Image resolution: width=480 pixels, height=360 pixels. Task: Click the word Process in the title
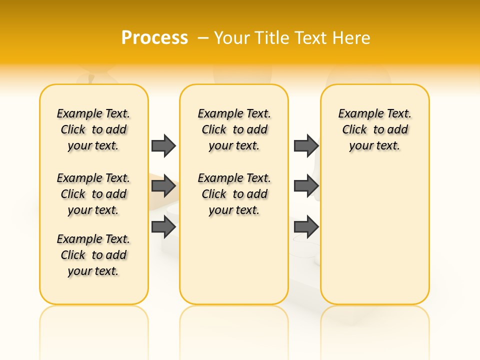pos(154,37)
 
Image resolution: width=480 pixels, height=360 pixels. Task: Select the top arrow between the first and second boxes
pos(163,145)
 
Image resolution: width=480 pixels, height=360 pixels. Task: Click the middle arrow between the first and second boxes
pos(163,186)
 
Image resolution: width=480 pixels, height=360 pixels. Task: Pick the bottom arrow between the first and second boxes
pos(163,227)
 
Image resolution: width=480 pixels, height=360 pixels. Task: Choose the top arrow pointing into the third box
pos(306,145)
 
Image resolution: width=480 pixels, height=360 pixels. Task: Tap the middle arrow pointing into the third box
pos(306,186)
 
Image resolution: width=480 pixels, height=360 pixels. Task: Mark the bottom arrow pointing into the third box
pos(306,227)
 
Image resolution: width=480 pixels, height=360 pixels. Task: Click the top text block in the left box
pos(93,129)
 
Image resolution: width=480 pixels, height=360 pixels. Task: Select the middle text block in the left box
pos(93,194)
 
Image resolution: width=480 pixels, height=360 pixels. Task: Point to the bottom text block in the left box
pos(93,255)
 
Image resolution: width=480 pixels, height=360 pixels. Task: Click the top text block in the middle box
pos(234,129)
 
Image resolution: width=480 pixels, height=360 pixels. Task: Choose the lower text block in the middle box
pos(234,194)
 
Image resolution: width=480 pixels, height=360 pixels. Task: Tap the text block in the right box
pos(375,129)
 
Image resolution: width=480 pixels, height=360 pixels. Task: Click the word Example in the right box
pos(358,114)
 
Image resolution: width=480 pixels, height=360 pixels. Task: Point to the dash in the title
pos(203,38)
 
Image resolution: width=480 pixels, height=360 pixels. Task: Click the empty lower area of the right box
pos(375,240)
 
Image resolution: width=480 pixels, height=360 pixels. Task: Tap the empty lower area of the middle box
pos(234,265)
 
